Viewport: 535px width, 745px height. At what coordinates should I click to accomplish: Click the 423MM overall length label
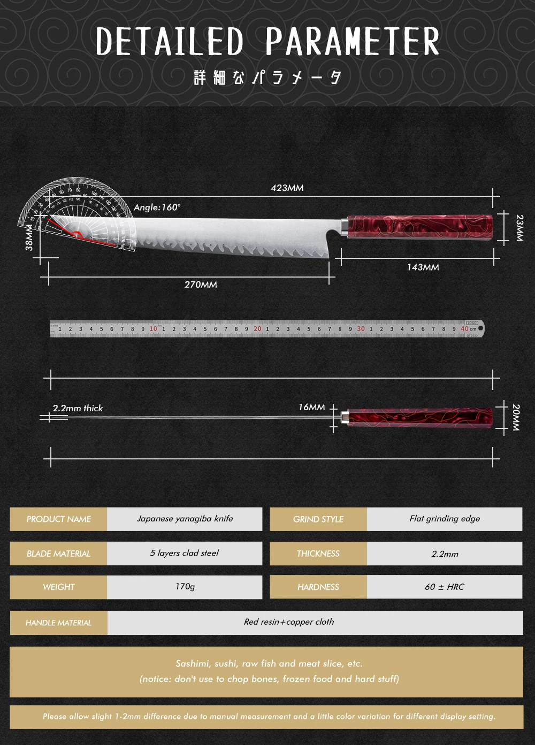pyautogui.click(x=287, y=188)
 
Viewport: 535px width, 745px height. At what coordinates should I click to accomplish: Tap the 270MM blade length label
pyautogui.click(x=201, y=285)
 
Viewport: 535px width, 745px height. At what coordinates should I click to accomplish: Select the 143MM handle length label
pyautogui.click(x=423, y=267)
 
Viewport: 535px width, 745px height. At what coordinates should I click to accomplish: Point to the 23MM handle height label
pyautogui.click(x=519, y=228)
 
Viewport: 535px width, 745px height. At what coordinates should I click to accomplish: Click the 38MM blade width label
pyautogui.click(x=29, y=237)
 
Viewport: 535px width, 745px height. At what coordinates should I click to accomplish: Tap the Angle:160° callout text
pyautogui.click(x=157, y=208)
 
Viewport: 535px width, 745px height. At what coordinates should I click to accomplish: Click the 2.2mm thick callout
pyautogui.click(x=78, y=408)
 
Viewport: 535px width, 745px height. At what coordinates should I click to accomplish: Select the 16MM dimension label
pyautogui.click(x=311, y=407)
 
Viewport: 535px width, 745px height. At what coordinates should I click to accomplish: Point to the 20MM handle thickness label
pyautogui.click(x=516, y=417)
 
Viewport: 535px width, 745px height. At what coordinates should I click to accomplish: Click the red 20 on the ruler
pyautogui.click(x=257, y=329)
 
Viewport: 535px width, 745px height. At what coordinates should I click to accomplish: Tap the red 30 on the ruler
pyautogui.click(x=361, y=329)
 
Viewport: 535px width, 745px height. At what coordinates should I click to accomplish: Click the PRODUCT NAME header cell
pyautogui.click(x=59, y=519)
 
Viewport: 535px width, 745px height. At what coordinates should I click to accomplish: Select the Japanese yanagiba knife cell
pyautogui.click(x=185, y=519)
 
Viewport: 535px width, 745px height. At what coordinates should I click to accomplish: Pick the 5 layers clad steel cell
pyautogui.click(x=185, y=553)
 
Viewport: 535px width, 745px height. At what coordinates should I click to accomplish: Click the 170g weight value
pyautogui.click(x=185, y=587)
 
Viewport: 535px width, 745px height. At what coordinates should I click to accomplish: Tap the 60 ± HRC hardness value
pyautogui.click(x=445, y=587)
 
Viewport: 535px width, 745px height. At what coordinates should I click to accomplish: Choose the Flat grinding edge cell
pyautogui.click(x=445, y=519)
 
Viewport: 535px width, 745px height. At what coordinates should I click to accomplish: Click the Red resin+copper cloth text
pyautogui.click(x=289, y=622)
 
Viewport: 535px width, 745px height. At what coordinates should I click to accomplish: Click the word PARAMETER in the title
pyautogui.click(x=352, y=41)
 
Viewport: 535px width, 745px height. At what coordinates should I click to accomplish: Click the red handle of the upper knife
pyautogui.click(x=420, y=227)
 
